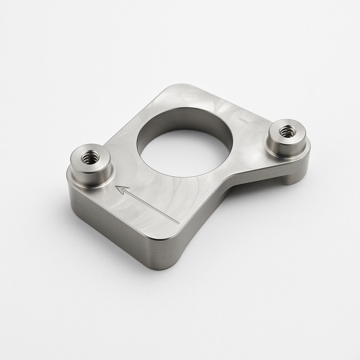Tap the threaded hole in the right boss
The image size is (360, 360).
click(287, 131)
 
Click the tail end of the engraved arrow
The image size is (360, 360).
click(179, 223)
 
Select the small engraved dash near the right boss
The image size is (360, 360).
click(243, 121)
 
